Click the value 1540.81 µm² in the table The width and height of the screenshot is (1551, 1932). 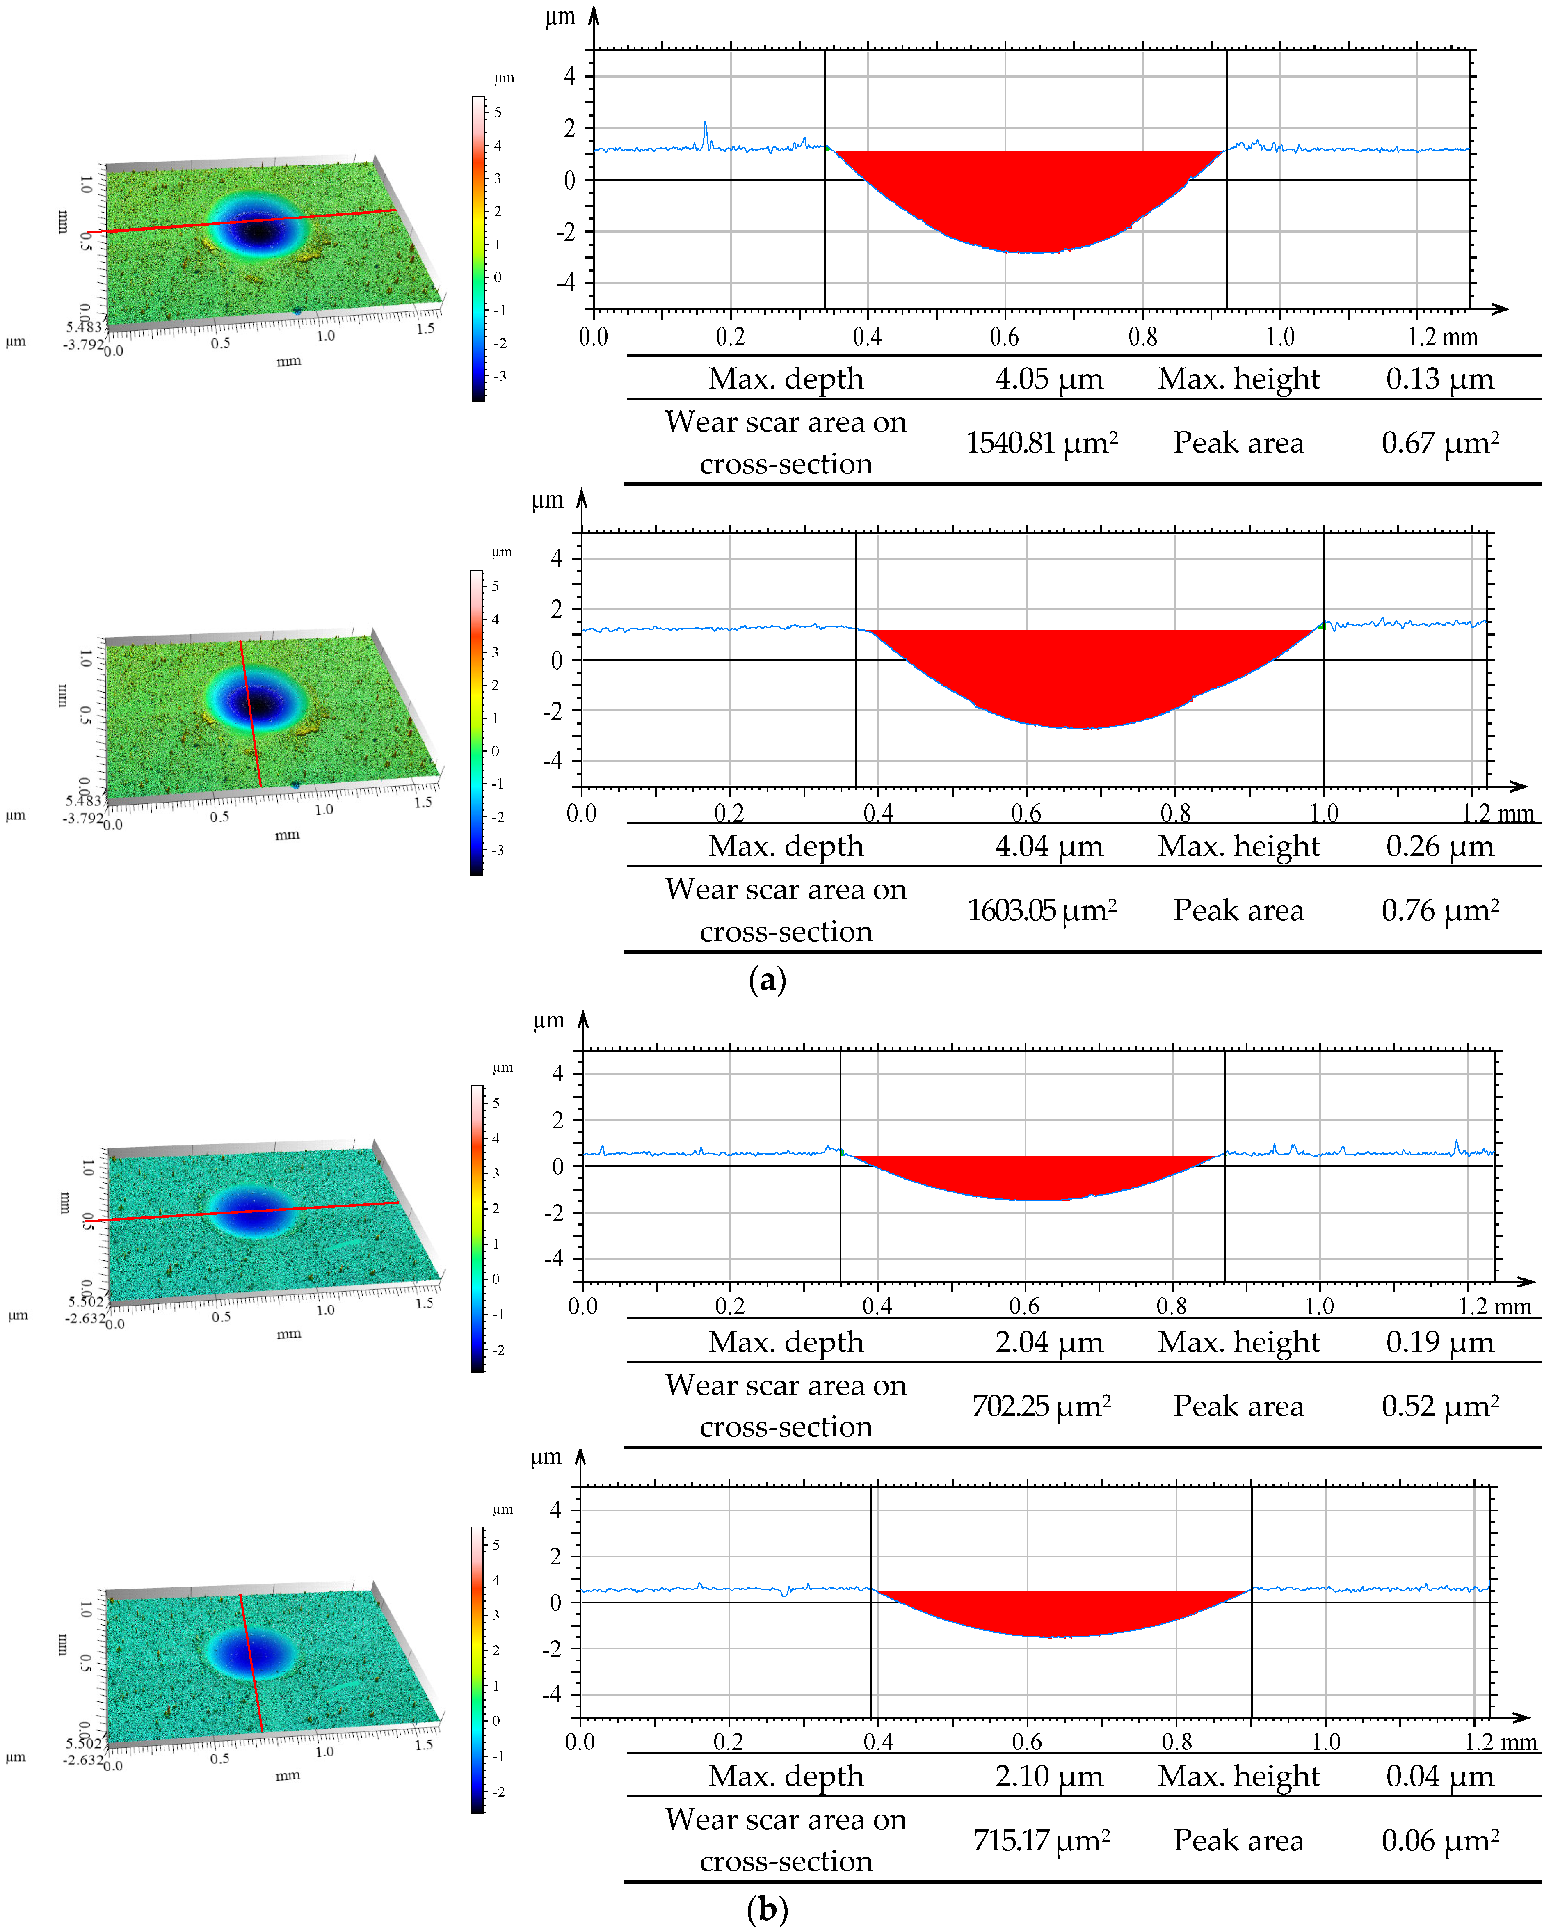[x=1041, y=443]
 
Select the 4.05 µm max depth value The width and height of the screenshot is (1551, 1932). [x=1048, y=379]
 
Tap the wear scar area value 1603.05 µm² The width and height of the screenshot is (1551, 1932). [x=1041, y=910]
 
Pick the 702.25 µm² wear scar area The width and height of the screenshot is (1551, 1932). [x=1041, y=1406]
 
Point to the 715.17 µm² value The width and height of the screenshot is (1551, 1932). [x=1041, y=1841]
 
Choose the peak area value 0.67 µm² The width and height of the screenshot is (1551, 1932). [x=1439, y=443]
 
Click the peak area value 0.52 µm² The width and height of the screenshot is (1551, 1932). [x=1439, y=1406]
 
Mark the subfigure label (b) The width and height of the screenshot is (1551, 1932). [x=767, y=1909]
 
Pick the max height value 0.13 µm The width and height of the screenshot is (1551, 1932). [x=1439, y=379]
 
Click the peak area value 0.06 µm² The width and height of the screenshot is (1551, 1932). [x=1439, y=1841]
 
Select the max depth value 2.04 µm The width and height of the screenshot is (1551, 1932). [x=1048, y=1342]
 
